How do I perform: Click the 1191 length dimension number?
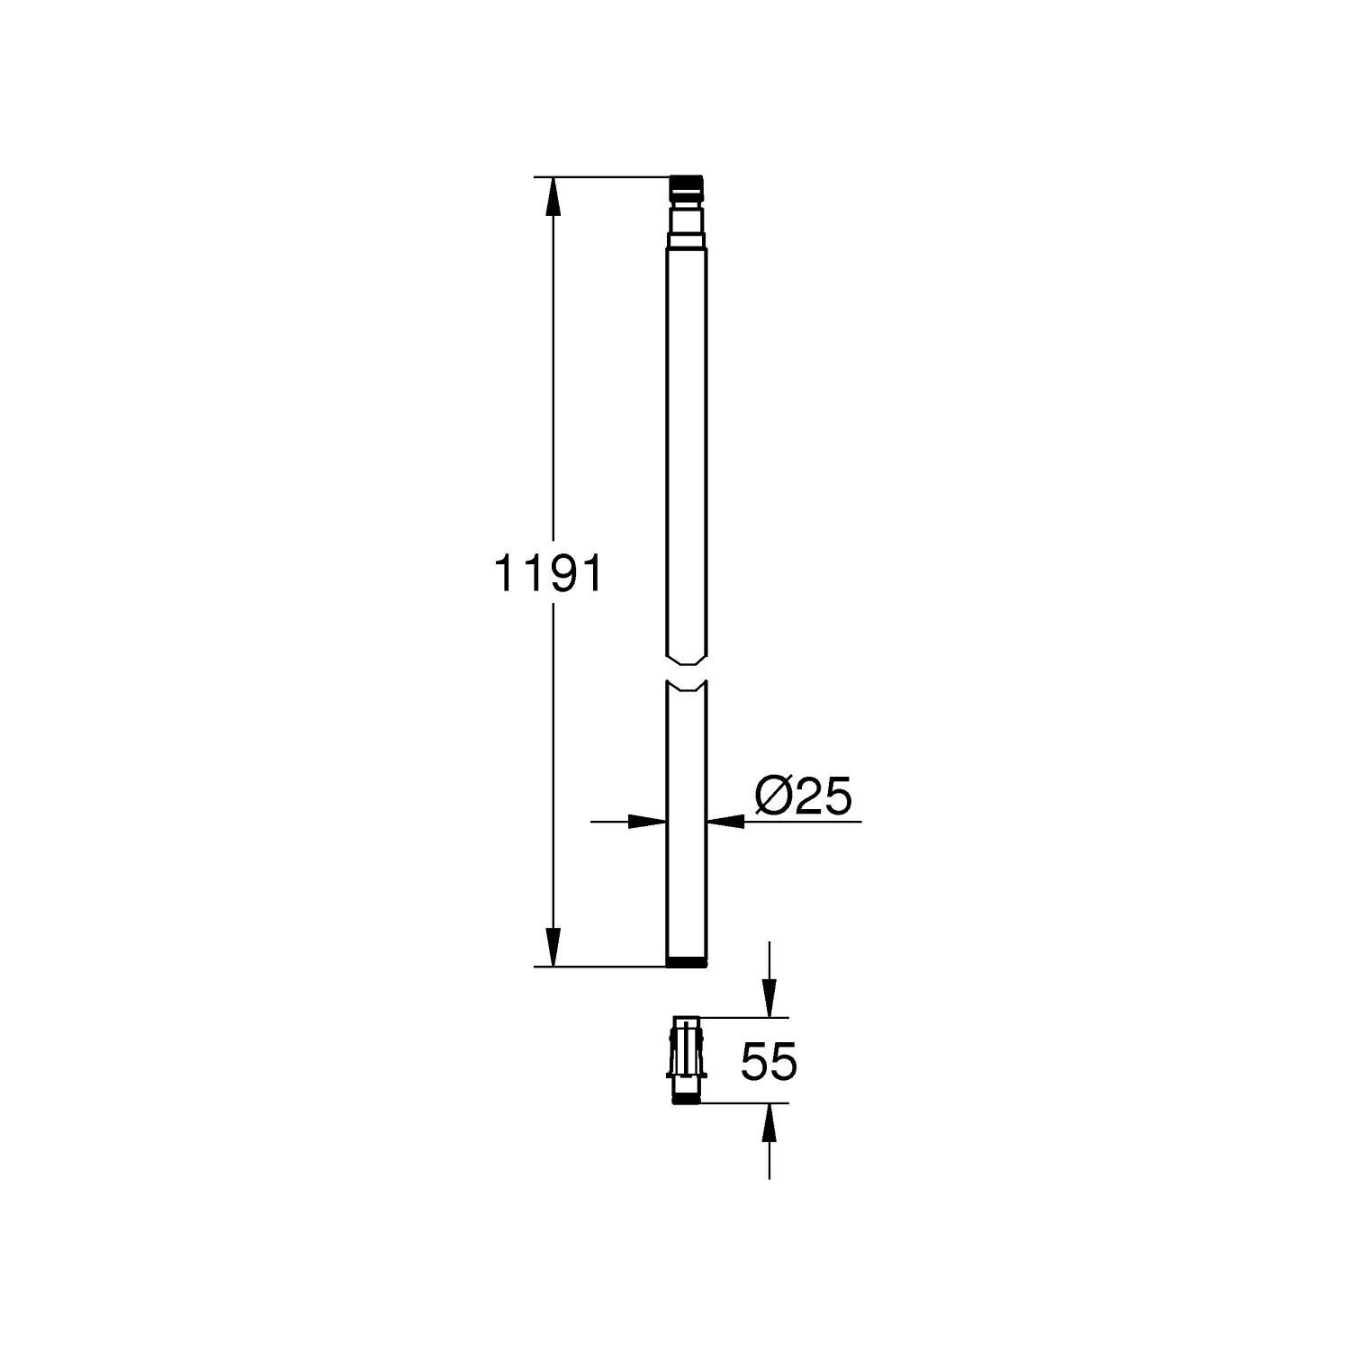coord(548,573)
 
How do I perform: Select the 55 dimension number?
coord(769,1062)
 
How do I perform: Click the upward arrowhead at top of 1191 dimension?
coord(553,196)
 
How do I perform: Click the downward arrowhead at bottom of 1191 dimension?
coord(553,948)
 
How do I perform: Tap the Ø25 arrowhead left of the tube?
coord(646,821)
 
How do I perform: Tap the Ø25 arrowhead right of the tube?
coord(727,821)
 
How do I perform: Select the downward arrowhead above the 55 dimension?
coord(769,997)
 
